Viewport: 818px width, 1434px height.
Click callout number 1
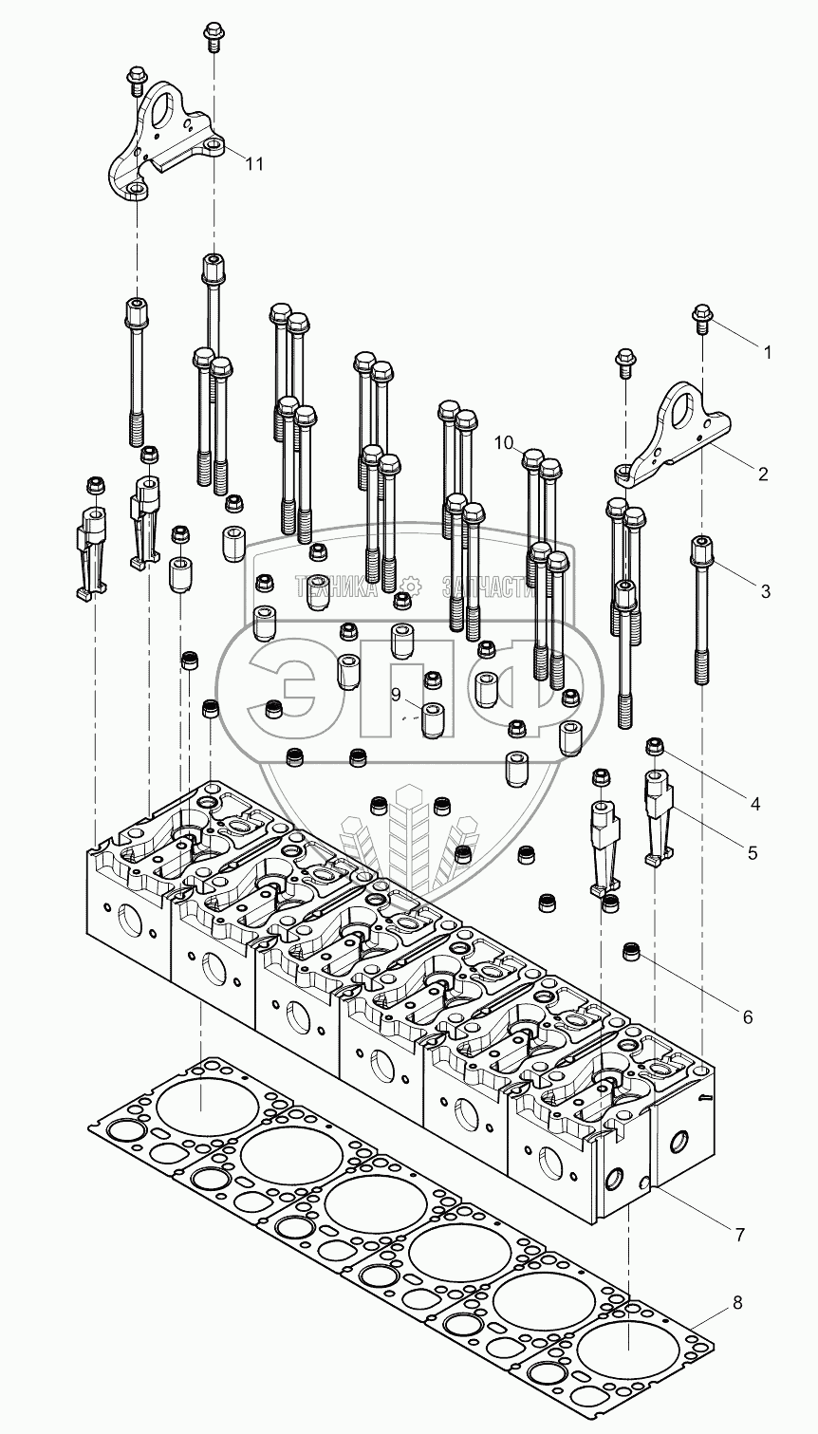pyautogui.click(x=767, y=353)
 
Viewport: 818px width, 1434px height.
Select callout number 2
pyautogui.click(x=762, y=475)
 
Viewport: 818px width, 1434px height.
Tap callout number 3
pyautogui.click(x=766, y=591)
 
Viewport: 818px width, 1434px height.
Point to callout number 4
pyautogui.click(x=755, y=804)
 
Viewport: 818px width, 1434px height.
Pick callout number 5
pyautogui.click(x=753, y=853)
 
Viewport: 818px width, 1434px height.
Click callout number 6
pyautogui.click(x=748, y=1016)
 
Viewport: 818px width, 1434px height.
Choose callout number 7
pyautogui.click(x=739, y=1235)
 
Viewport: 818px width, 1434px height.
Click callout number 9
pyautogui.click(x=397, y=696)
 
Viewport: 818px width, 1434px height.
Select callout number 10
pyautogui.click(x=504, y=442)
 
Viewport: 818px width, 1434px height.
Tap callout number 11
pyautogui.click(x=254, y=164)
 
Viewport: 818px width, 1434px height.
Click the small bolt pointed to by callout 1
pyautogui.click(x=701, y=319)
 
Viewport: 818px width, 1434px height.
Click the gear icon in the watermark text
pyautogui.click(x=409, y=587)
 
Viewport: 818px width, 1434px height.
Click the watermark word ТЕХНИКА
pyautogui.click(x=336, y=587)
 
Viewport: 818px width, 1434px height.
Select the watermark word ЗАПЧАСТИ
pyautogui.click(x=489, y=587)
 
